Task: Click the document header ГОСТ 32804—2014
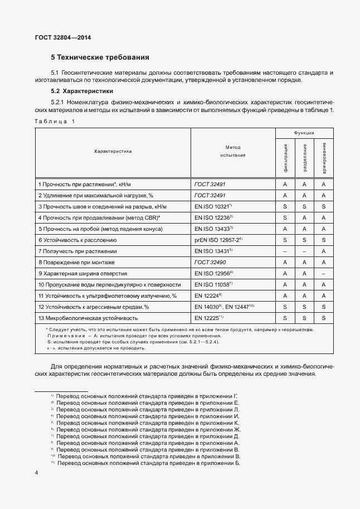pyautogui.click(x=62, y=37)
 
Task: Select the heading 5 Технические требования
pyautogui.click(x=100, y=57)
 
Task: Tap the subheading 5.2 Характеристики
pyautogui.click(x=82, y=90)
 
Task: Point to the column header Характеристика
pyautogui.click(x=113, y=151)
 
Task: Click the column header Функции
pyautogui.click(x=304, y=133)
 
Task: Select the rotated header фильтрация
pyautogui.click(x=285, y=157)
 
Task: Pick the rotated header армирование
pyautogui.click(x=324, y=157)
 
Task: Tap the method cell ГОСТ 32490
pyautogui.click(x=210, y=262)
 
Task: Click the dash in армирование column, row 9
pyautogui.click(x=324, y=273)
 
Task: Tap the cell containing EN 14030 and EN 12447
pyautogui.click(x=225, y=307)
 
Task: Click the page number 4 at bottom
pyautogui.click(x=36, y=473)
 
